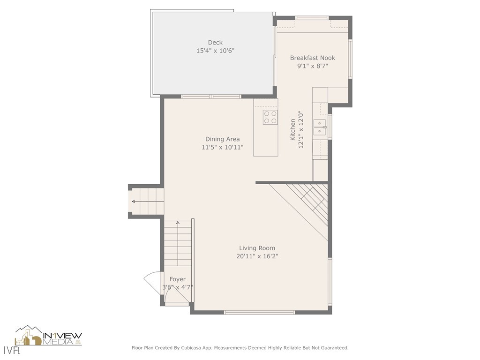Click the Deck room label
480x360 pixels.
coord(215,43)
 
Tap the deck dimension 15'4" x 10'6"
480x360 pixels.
coord(215,51)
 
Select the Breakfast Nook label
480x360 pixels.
coord(312,58)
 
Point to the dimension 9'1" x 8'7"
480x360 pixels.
coord(312,66)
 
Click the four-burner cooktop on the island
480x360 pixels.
coord(270,117)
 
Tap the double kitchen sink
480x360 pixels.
coord(320,127)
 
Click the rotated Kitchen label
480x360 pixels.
coord(293,130)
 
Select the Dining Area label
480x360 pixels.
coord(222,139)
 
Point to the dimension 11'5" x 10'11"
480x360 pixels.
coord(222,147)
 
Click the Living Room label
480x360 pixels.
coord(257,248)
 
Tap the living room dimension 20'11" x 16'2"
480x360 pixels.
coord(257,256)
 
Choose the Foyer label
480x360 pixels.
coord(177,279)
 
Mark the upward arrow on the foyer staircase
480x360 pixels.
coord(178,224)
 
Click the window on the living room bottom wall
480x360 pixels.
coord(259,312)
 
